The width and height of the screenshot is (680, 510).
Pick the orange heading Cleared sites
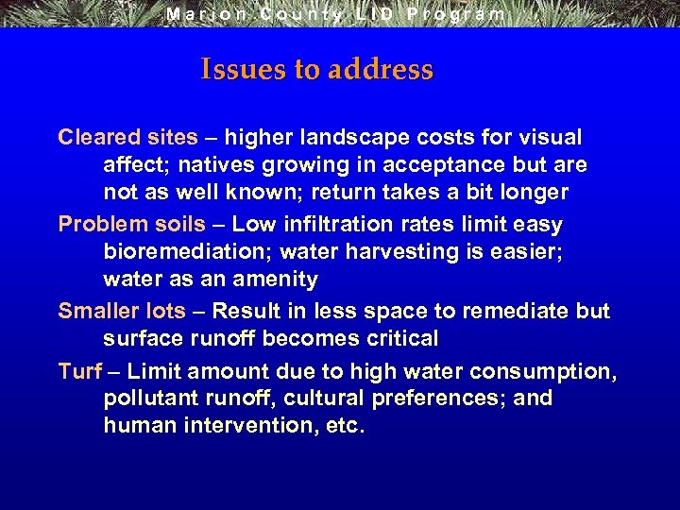(x=127, y=137)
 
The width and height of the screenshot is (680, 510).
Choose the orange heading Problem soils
(x=131, y=224)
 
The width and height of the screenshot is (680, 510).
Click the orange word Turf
(x=79, y=371)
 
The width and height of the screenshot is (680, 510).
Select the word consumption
(x=537, y=371)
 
